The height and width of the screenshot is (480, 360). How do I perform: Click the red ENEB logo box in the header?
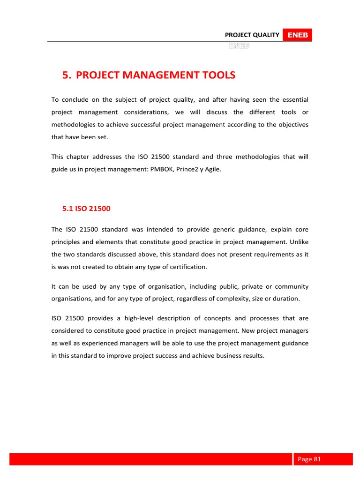click(298, 35)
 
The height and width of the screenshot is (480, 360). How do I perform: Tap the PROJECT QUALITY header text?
click(252, 35)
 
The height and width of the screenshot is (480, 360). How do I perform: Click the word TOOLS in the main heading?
click(212, 75)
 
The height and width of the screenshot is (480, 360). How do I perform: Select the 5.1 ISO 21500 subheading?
click(86, 209)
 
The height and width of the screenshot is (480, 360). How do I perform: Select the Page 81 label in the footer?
click(309, 459)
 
